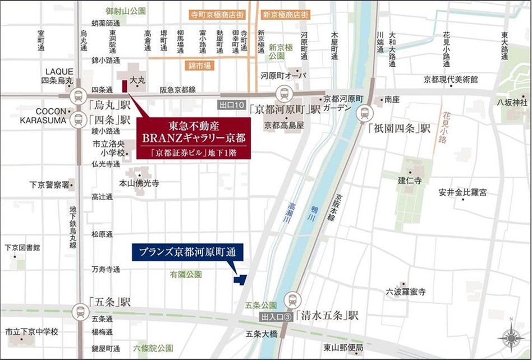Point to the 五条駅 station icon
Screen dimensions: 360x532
[x=80, y=311]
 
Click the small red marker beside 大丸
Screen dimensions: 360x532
[x=124, y=87]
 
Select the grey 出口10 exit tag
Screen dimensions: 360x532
[x=232, y=105]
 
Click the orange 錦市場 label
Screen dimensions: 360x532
[x=200, y=66]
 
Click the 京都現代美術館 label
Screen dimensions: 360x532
[x=451, y=79]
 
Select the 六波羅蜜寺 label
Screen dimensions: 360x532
[x=406, y=292]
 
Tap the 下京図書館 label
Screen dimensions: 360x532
[x=22, y=247]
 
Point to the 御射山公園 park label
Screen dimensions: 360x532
[x=125, y=11]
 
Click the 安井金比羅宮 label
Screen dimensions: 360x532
[x=462, y=192]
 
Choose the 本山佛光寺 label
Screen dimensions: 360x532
[x=139, y=183]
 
